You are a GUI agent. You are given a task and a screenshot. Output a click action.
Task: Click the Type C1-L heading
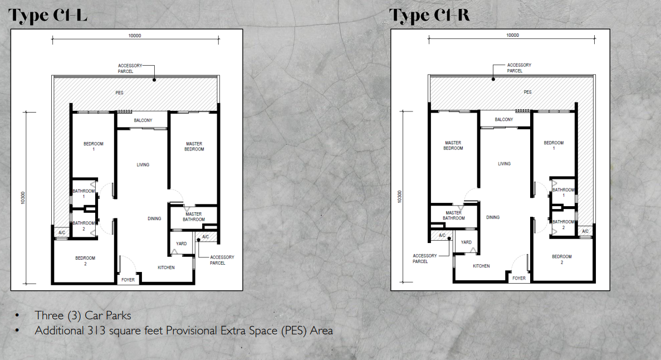tap(48, 16)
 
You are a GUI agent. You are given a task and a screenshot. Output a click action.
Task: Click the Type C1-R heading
tap(429, 16)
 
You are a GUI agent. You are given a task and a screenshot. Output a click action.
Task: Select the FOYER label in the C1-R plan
tap(519, 278)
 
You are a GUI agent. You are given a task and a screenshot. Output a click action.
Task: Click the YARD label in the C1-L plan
tap(181, 244)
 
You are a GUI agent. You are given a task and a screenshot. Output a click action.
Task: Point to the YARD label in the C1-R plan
tap(466, 242)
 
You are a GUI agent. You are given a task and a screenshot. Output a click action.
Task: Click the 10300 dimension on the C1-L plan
tap(24, 198)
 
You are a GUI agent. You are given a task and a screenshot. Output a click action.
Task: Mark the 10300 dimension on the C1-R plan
tap(399, 197)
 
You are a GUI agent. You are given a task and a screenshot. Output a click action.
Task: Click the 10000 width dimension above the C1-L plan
tap(134, 35)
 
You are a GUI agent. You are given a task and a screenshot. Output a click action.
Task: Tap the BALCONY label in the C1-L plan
tap(144, 120)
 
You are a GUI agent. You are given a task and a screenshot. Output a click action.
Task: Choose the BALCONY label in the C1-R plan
tap(504, 120)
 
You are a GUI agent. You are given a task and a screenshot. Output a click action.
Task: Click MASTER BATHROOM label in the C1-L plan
tap(194, 217)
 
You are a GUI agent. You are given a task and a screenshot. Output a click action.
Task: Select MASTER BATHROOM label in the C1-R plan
tap(453, 215)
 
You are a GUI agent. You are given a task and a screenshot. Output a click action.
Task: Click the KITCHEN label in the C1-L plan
tap(166, 267)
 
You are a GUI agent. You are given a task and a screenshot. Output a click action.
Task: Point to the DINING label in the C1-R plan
tap(493, 217)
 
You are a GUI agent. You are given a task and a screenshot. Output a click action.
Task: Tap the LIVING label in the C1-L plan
tap(143, 165)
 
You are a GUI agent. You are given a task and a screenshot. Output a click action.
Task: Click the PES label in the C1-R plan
tap(527, 92)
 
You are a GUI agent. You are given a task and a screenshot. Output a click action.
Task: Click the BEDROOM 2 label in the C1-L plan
tap(85, 261)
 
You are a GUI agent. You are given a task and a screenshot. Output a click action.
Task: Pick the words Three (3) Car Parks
tap(83, 316)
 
